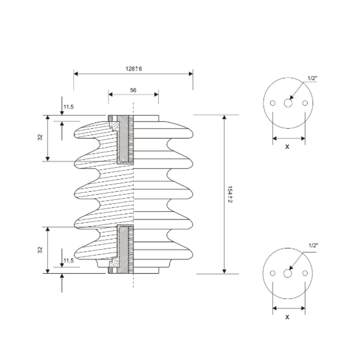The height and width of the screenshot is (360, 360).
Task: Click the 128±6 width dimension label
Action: (134, 68)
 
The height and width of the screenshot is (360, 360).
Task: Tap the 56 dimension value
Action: (133, 90)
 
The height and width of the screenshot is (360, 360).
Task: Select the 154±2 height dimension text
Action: (230, 194)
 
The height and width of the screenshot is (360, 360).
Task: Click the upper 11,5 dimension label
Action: (68, 107)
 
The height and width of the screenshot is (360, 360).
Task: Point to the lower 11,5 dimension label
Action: (68, 261)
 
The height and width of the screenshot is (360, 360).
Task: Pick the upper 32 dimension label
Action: (40, 137)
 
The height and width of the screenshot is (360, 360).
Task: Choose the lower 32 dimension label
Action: (40, 250)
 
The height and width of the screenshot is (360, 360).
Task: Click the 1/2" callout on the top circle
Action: (312, 78)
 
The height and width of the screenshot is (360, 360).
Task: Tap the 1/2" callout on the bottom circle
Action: (313, 245)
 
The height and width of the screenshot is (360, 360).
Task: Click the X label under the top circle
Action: (287, 147)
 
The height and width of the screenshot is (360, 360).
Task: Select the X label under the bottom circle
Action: (287, 317)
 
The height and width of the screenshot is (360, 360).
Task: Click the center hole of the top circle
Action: (288, 103)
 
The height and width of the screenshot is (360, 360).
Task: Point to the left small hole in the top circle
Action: (273, 103)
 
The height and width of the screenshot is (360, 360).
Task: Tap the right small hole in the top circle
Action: (305, 103)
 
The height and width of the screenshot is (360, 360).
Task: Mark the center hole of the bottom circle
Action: (288, 273)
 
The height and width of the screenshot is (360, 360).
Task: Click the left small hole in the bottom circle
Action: (273, 273)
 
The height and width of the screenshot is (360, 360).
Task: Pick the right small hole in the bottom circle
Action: (305, 273)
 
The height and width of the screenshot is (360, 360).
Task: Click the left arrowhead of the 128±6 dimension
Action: (76, 74)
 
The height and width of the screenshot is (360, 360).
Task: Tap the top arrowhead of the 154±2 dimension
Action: (224, 117)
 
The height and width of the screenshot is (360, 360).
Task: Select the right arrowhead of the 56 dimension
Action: (156, 94)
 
